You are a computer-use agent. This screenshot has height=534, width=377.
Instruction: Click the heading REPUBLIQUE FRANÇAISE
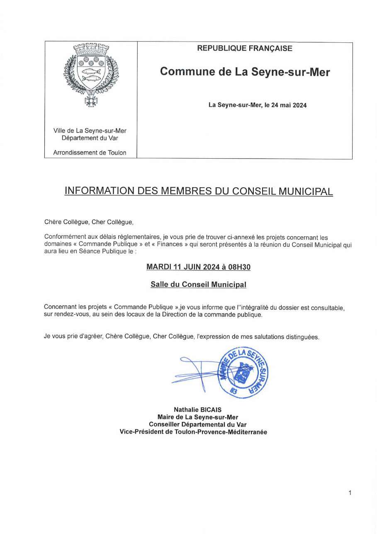[245, 49]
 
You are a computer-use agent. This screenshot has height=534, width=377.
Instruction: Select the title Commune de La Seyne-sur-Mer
[245, 72]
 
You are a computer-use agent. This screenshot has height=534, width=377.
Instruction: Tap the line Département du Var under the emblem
[90, 138]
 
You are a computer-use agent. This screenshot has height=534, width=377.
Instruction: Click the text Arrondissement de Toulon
[90, 152]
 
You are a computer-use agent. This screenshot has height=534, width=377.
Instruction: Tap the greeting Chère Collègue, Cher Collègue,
[89, 222]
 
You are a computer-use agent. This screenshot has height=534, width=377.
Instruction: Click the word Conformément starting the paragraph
[63, 238]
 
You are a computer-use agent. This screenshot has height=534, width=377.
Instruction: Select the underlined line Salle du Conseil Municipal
[198, 285]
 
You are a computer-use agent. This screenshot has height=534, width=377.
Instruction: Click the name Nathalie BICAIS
[198, 409]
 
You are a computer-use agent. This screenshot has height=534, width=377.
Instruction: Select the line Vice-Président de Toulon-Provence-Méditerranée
[193, 432]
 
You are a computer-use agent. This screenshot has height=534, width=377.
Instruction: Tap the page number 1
[350, 493]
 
